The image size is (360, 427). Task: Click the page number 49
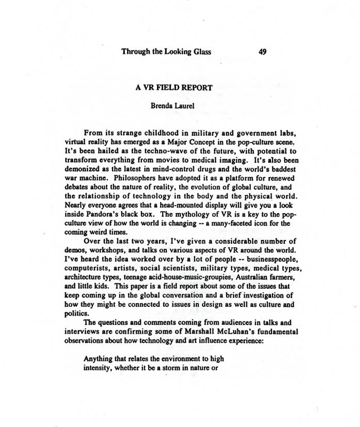point(262,52)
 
